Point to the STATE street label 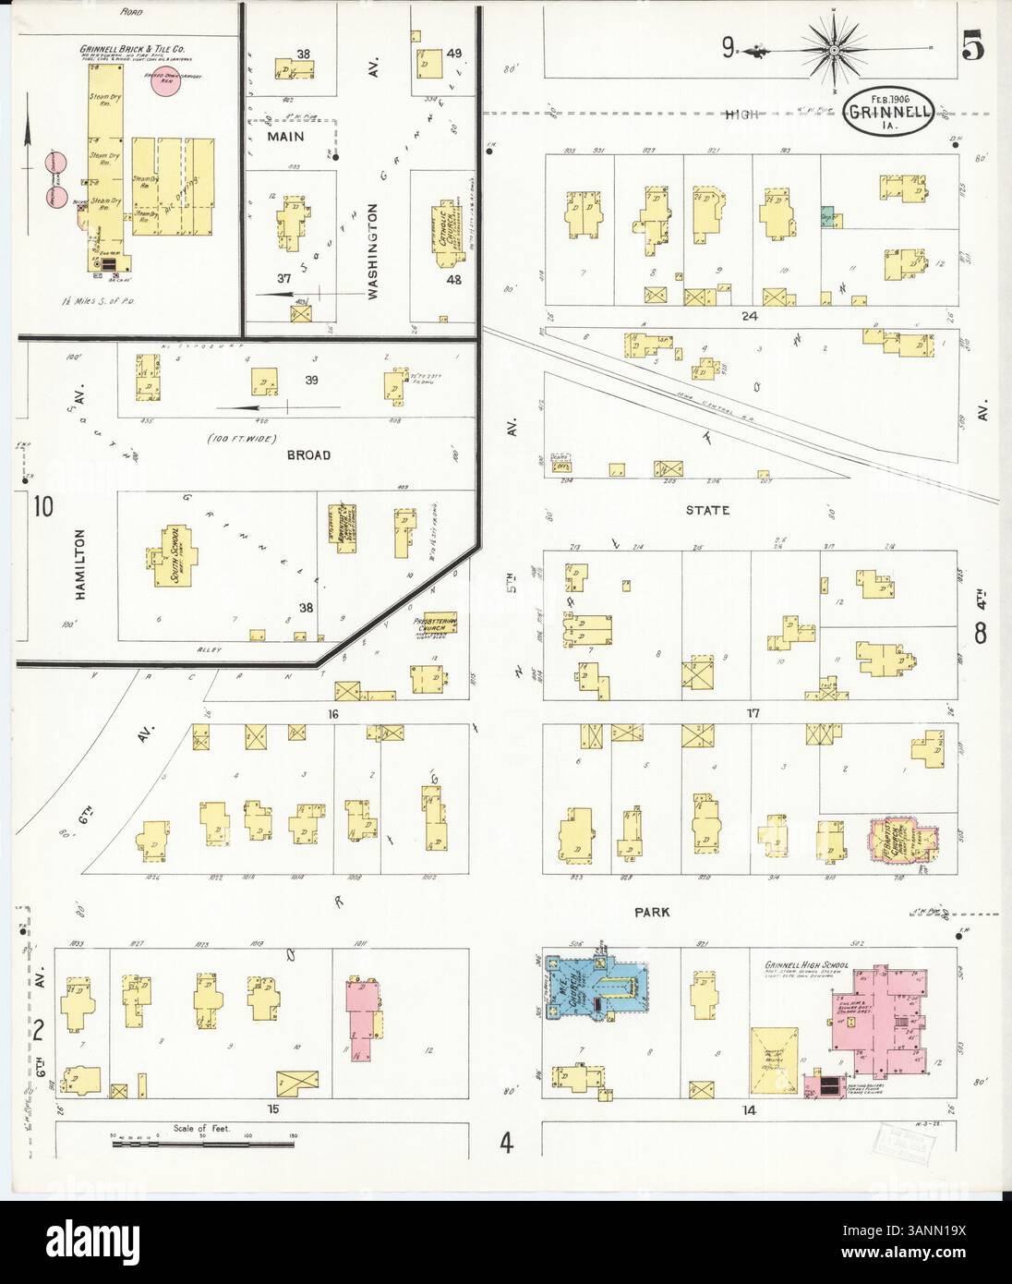click(x=708, y=510)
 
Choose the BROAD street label click(x=309, y=455)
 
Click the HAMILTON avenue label click(x=80, y=564)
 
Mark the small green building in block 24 click(x=829, y=216)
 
